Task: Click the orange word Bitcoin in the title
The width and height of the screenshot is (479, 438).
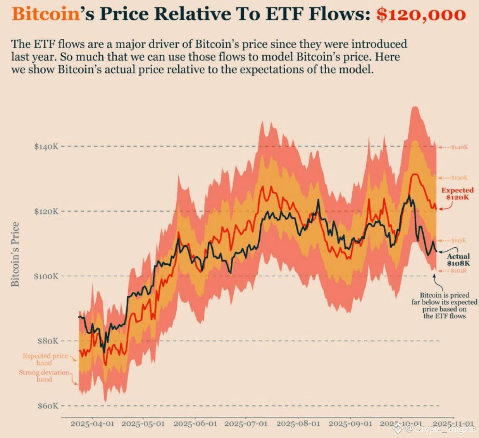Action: tap(45, 14)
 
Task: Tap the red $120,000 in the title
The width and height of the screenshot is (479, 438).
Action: tap(421, 14)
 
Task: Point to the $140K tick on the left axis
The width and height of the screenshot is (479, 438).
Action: tap(46, 147)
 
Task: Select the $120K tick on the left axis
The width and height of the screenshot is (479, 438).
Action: tap(46, 211)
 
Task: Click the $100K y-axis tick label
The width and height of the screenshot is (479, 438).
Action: tap(46, 276)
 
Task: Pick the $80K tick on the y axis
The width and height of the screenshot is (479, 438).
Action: tap(48, 341)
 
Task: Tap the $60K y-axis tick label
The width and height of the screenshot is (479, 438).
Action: tap(48, 406)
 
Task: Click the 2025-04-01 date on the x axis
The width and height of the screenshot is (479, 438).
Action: tap(92, 424)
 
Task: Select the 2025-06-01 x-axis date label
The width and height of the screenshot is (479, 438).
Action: tap(195, 424)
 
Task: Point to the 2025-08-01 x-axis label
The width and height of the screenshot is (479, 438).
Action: tap(298, 424)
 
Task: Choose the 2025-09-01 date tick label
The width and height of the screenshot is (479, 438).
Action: tap(350, 424)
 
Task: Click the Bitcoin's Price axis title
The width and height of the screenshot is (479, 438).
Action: tap(15, 254)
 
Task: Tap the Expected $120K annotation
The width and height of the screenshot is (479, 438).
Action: tap(457, 194)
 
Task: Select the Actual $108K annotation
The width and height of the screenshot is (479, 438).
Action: tap(458, 260)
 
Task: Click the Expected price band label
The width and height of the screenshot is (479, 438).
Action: tap(45, 359)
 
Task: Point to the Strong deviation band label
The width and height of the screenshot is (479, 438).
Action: tap(44, 376)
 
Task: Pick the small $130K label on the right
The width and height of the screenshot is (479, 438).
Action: tap(460, 178)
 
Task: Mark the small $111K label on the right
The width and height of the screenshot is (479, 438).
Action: tap(459, 240)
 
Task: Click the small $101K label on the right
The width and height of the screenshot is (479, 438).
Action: tap(459, 270)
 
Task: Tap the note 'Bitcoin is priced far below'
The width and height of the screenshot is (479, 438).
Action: tap(445, 306)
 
